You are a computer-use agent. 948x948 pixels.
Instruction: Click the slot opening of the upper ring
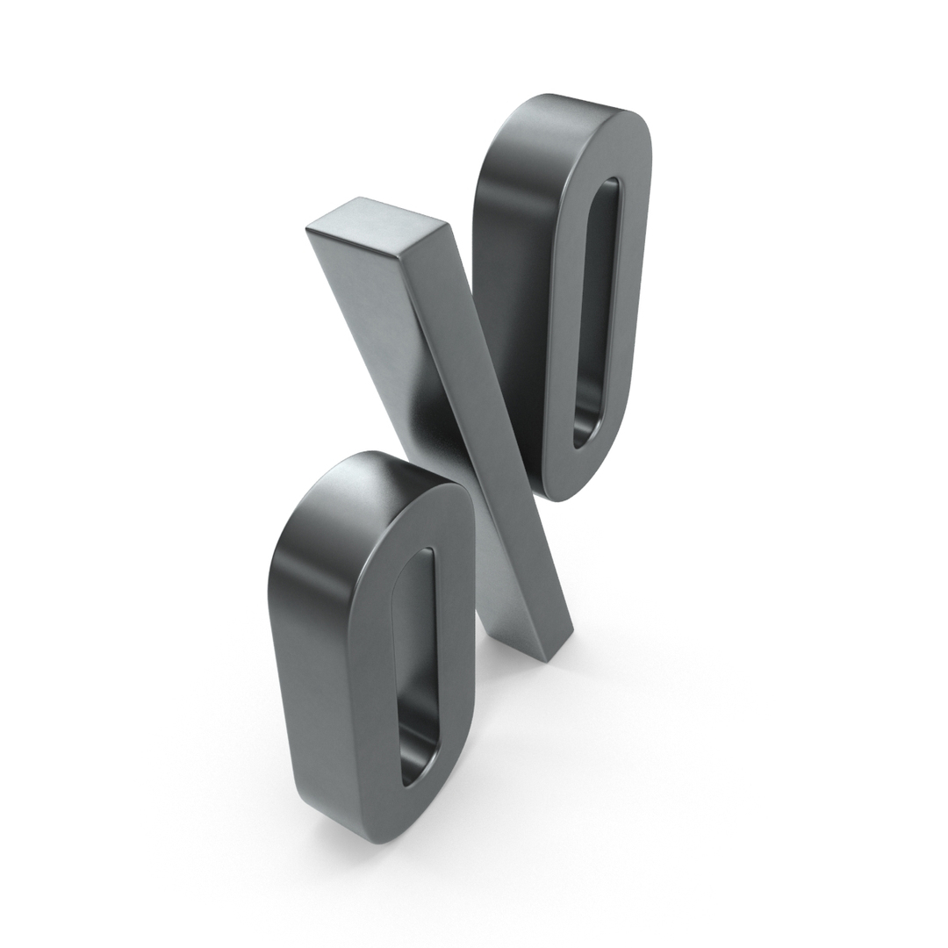coord(600,307)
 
